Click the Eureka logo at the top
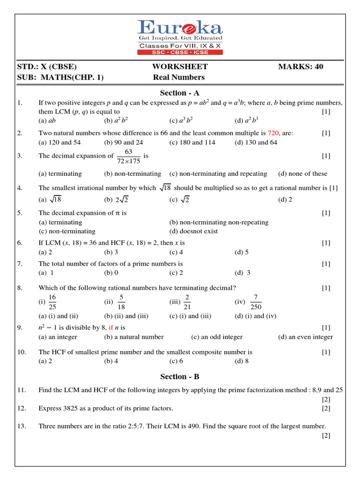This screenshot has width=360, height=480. point(180,37)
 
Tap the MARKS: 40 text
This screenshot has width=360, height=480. point(300,67)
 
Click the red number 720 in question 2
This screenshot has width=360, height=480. point(273,133)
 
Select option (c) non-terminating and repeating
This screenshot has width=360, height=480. point(218,173)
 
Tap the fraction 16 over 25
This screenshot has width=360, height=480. point(52,302)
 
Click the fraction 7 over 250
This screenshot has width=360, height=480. point(255,302)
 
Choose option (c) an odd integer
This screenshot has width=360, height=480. point(217,337)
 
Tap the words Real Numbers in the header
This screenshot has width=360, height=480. point(179,77)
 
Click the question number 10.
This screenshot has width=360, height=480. point(21,352)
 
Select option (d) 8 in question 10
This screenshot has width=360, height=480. point(241,361)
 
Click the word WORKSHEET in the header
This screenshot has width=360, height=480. point(180,67)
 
